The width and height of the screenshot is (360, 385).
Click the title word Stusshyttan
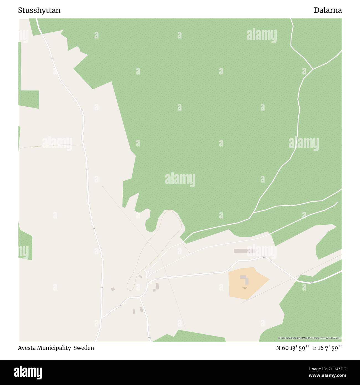(39, 11)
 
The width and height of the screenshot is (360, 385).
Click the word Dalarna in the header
(328, 11)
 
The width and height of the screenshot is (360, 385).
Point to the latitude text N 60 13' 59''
(292, 348)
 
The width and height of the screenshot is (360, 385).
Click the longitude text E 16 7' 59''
(327, 348)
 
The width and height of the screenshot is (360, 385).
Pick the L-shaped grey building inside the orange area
(245, 279)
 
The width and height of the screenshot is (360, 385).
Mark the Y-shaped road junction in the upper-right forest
(313, 69)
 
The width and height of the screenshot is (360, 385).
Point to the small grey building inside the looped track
(140, 276)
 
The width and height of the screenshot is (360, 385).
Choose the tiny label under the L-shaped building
(245, 288)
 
